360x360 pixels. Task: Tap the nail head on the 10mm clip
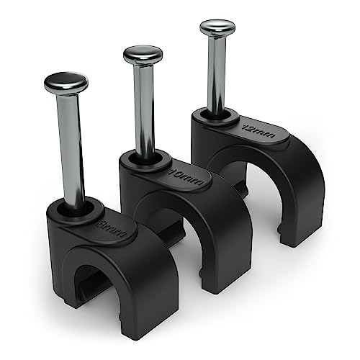(143, 55)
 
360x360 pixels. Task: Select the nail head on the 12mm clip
(217, 28)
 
